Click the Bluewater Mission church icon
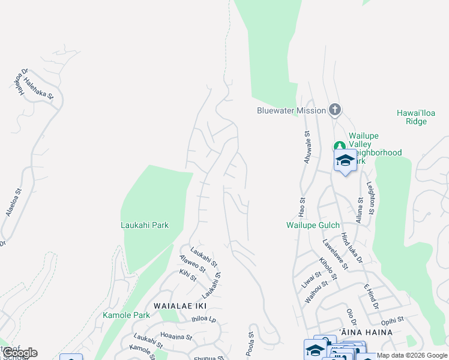(x=335, y=110)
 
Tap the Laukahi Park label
(x=145, y=226)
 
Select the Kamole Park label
(x=126, y=315)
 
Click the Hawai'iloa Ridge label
(x=412, y=117)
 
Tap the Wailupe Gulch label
(x=312, y=226)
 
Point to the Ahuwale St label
(x=307, y=148)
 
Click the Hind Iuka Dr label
(x=352, y=248)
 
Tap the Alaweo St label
(x=188, y=262)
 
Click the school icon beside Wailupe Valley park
(x=345, y=161)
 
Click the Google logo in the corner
(x=20, y=353)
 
